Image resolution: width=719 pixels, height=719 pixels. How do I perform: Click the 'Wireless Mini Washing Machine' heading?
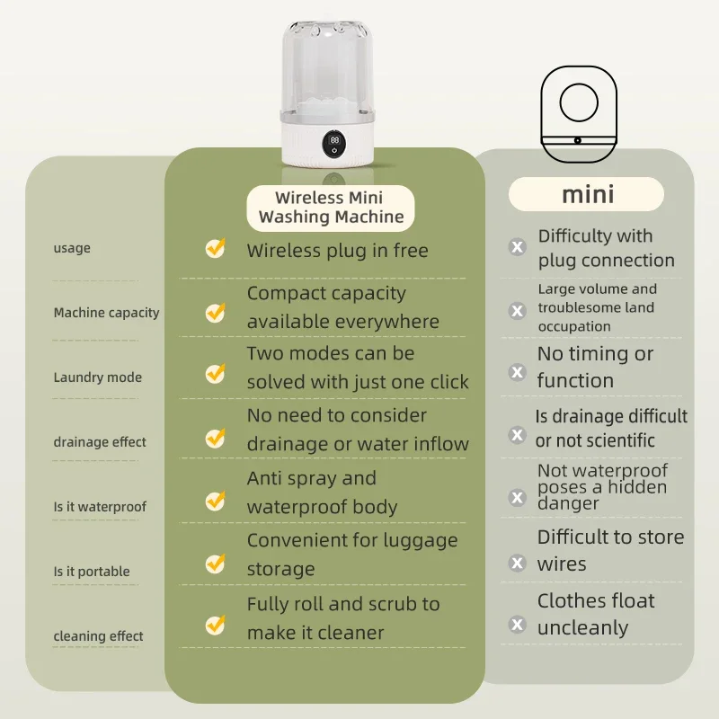(331, 208)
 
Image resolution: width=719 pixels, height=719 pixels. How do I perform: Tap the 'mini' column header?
(587, 194)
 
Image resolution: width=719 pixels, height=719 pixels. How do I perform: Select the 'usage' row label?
(72, 248)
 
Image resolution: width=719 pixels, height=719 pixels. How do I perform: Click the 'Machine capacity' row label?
(106, 313)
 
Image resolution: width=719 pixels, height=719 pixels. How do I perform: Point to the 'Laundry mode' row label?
(97, 377)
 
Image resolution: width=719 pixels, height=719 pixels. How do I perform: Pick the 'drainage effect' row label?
(99, 442)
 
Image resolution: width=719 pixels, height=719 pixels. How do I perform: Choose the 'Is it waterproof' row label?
(99, 507)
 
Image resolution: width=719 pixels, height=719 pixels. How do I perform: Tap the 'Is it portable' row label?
(91, 572)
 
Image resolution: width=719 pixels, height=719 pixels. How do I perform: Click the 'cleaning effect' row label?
(98, 636)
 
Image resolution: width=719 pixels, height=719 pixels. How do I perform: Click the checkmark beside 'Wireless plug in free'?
(215, 248)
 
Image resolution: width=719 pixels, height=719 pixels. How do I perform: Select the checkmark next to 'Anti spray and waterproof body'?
(215, 500)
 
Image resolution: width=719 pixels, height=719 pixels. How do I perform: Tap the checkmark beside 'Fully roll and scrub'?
(215, 623)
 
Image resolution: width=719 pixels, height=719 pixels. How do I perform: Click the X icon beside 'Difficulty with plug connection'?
(518, 247)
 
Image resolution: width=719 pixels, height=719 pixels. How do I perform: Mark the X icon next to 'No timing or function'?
(518, 371)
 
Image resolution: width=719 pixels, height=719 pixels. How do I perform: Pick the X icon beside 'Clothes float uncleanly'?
(518, 623)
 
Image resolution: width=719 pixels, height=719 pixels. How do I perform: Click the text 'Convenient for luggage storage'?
(351, 555)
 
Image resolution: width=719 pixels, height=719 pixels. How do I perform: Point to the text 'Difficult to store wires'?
(610, 550)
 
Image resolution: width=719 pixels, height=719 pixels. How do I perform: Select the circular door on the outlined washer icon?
(579, 103)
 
